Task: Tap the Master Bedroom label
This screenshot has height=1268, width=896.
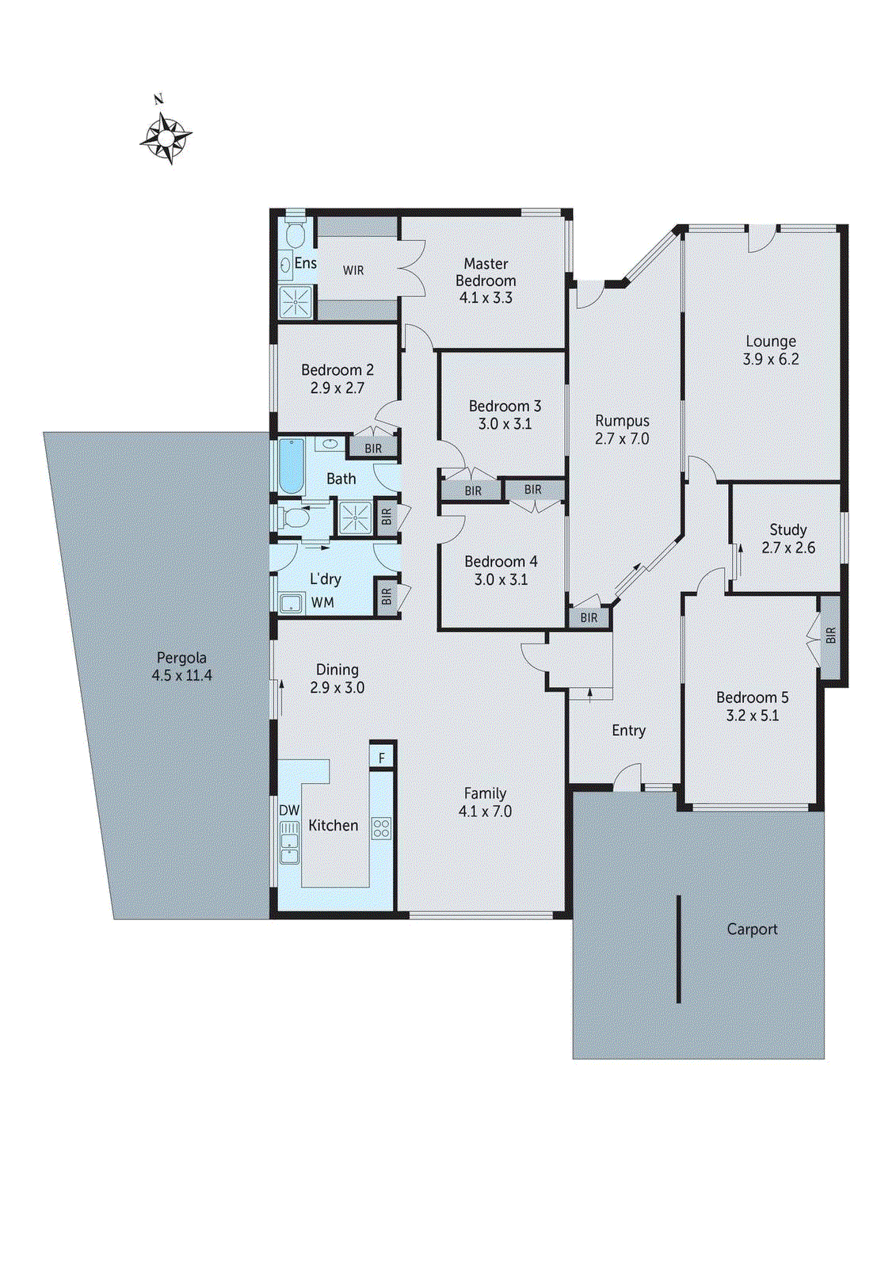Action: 486,272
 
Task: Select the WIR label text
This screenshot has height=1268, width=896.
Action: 353,270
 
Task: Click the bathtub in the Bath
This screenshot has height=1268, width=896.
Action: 291,466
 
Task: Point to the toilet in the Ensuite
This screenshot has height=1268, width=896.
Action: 295,235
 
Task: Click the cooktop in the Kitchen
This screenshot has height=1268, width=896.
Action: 381,828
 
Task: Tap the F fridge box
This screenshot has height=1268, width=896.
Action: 381,758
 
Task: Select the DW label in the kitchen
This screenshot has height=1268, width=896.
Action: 289,810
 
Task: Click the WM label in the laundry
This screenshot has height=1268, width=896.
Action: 322,602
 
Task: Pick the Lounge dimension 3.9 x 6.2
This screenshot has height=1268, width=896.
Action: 770,359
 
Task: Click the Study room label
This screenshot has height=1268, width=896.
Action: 787,529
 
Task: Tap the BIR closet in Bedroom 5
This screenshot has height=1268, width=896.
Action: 830,636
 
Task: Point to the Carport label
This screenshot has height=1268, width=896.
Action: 752,929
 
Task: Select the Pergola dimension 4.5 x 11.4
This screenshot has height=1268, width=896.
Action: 181,675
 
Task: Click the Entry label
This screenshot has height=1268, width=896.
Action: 628,731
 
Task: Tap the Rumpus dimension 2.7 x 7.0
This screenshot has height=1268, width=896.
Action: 622,439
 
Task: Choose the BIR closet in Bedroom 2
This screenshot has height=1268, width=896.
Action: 373,448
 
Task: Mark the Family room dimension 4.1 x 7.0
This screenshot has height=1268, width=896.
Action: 485,812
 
